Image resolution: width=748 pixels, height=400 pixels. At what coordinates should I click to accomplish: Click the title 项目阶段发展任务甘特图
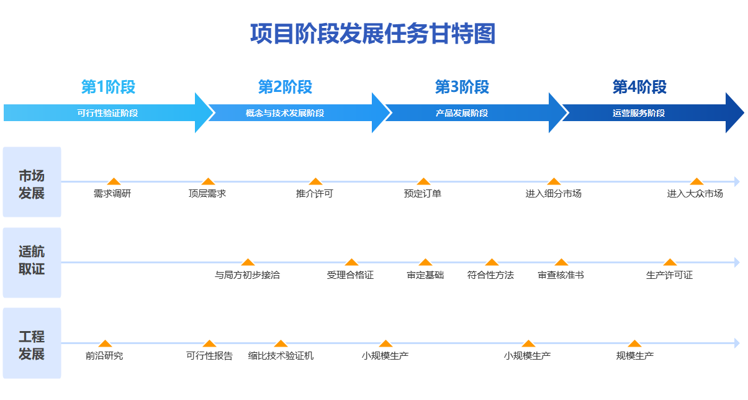click(373, 34)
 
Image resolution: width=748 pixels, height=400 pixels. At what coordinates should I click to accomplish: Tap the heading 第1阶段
click(108, 87)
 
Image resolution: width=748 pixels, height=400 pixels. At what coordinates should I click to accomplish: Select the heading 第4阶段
click(639, 87)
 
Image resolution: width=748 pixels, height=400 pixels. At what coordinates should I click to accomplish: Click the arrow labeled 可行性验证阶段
click(107, 113)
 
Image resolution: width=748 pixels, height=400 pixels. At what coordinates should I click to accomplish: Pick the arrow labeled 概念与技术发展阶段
click(285, 113)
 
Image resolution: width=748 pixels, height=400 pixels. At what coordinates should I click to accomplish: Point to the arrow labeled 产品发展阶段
click(462, 113)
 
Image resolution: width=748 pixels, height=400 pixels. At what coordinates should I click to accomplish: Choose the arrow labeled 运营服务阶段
click(639, 113)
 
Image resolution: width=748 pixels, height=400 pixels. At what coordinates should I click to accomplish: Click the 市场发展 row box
click(32, 182)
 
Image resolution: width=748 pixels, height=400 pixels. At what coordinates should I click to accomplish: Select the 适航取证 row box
click(32, 263)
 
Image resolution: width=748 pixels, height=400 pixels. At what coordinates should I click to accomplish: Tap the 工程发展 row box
click(32, 343)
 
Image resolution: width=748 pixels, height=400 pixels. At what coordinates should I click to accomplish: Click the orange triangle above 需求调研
click(113, 181)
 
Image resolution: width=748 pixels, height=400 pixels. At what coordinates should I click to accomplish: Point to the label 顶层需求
click(207, 194)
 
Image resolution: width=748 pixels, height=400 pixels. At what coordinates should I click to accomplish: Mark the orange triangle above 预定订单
click(423, 181)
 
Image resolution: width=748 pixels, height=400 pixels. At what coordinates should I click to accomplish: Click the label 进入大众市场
click(695, 194)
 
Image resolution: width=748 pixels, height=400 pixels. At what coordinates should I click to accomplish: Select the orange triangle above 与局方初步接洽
click(248, 262)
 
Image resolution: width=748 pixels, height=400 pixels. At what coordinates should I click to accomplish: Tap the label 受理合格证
click(351, 275)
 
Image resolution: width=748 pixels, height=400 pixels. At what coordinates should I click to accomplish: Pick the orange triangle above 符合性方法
click(492, 262)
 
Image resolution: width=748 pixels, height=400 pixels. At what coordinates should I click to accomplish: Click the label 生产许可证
click(669, 275)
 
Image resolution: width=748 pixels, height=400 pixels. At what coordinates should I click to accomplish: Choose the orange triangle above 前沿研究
click(105, 343)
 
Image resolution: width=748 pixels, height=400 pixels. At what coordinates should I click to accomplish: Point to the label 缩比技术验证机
click(281, 356)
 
